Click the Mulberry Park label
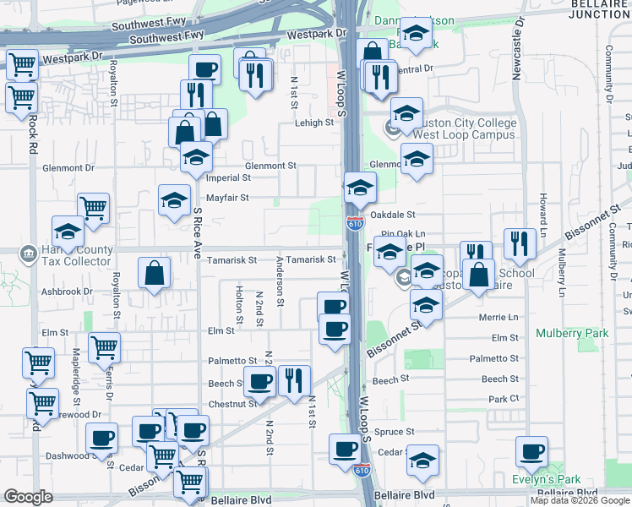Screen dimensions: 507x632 572,334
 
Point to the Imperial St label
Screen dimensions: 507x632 230,178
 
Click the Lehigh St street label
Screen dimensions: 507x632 313,123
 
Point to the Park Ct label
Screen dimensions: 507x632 502,398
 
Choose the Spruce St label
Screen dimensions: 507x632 394,431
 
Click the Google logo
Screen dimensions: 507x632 28,497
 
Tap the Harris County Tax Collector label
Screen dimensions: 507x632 68,255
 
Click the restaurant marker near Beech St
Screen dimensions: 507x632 294,380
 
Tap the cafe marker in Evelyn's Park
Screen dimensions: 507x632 531,451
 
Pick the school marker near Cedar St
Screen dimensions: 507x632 422,460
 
